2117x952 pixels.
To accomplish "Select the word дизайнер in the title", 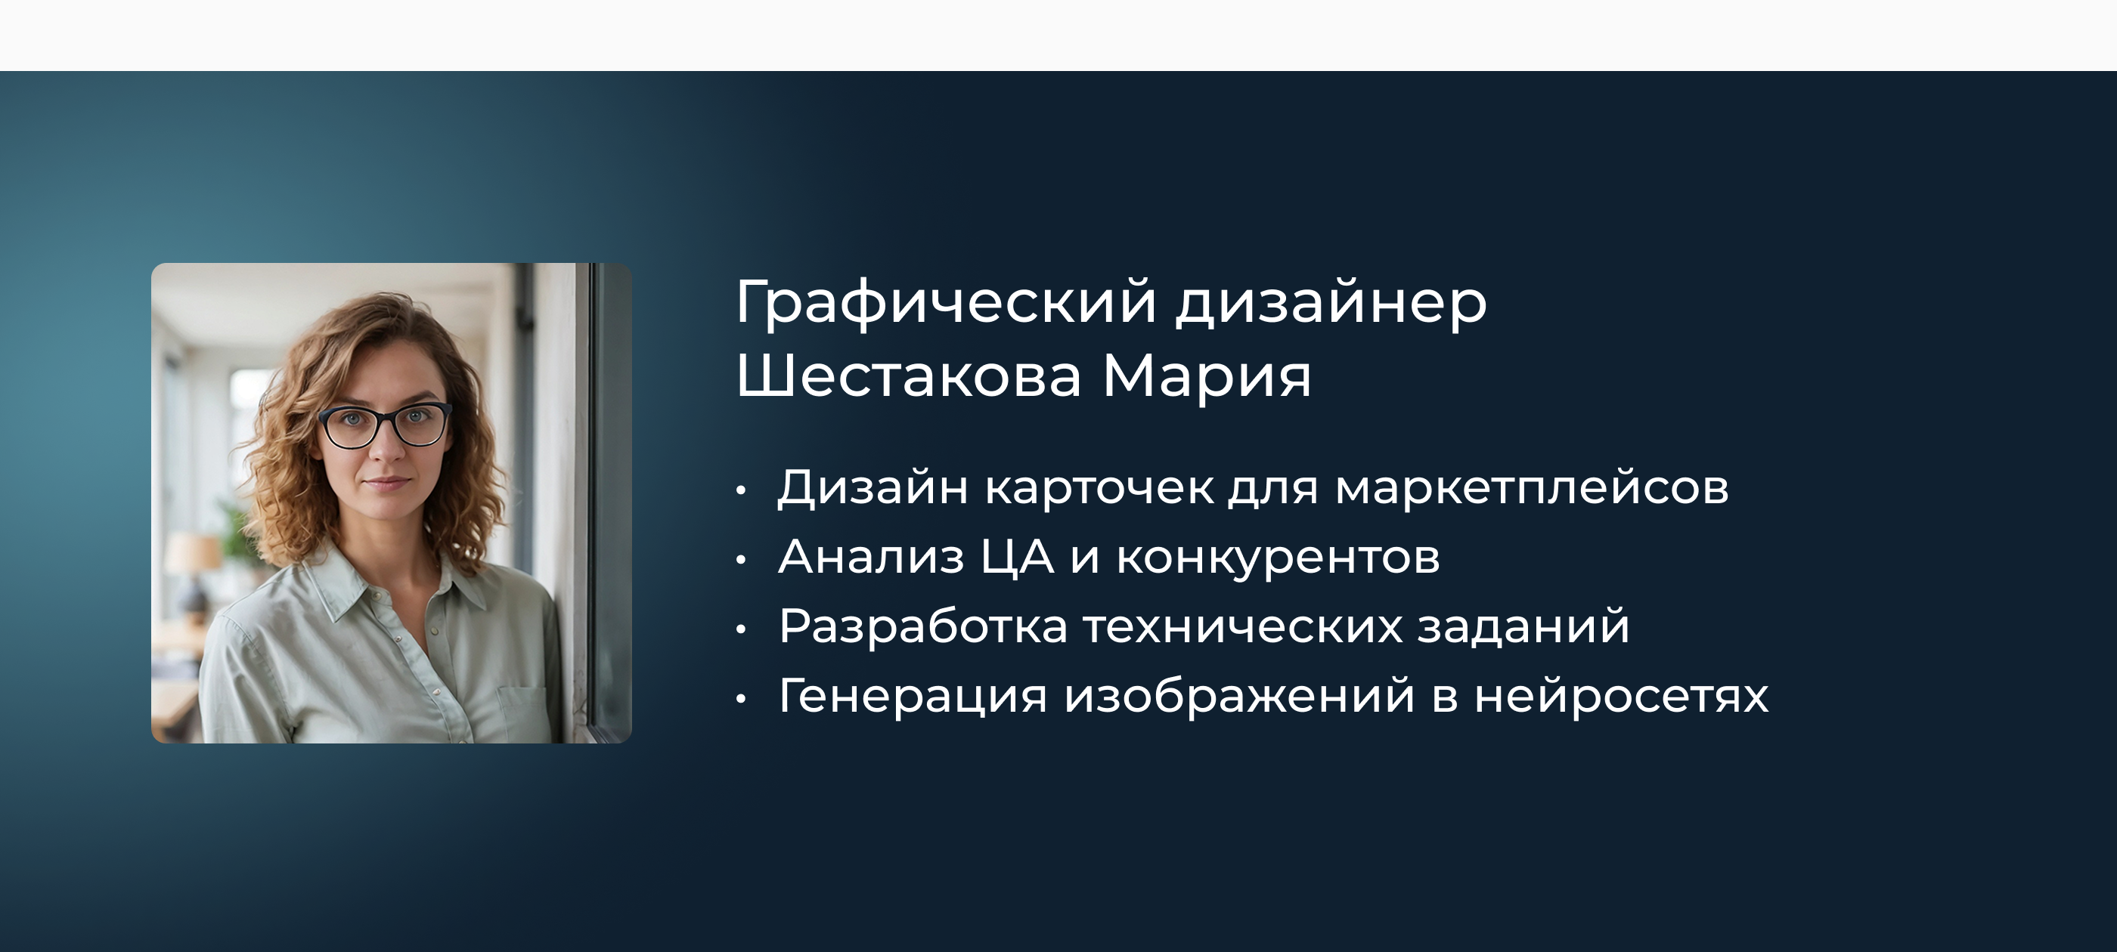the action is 1331,302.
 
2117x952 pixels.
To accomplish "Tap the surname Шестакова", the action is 908,377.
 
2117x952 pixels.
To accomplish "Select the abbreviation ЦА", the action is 1018,557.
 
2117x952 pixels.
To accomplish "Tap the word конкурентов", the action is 1278,558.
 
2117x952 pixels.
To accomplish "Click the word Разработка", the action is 923,626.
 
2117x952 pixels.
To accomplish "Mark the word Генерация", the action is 913,696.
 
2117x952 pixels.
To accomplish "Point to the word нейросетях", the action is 1620,696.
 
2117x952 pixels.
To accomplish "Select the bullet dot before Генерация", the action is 741,699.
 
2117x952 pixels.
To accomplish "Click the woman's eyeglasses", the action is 385,425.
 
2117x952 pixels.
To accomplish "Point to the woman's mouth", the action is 386,484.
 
